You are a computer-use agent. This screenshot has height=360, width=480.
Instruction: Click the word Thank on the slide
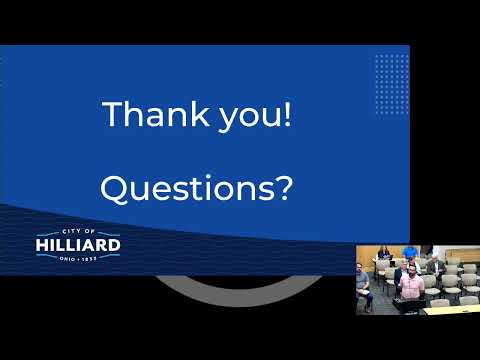click(156, 114)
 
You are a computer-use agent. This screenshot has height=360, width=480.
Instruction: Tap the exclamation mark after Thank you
click(287, 114)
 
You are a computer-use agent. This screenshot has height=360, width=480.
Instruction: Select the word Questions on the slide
click(188, 188)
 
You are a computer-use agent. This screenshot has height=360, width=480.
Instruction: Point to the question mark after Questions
click(285, 188)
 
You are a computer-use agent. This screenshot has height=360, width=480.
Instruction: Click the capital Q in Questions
click(114, 189)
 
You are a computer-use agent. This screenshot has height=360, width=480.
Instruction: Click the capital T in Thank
click(113, 114)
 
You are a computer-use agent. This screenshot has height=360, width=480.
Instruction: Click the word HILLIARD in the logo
click(78, 245)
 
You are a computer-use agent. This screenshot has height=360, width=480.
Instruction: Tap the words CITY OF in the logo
click(78, 231)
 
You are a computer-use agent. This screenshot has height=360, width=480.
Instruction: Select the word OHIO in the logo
click(67, 258)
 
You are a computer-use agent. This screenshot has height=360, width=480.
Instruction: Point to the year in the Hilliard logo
click(89, 258)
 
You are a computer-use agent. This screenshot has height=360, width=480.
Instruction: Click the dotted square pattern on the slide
click(392, 84)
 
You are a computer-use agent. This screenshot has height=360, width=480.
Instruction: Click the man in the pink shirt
click(412, 283)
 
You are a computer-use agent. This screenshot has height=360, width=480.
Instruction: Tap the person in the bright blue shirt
click(410, 252)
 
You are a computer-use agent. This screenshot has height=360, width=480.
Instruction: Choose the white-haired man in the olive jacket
click(436, 265)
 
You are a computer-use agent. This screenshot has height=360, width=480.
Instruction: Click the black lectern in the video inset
click(409, 306)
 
